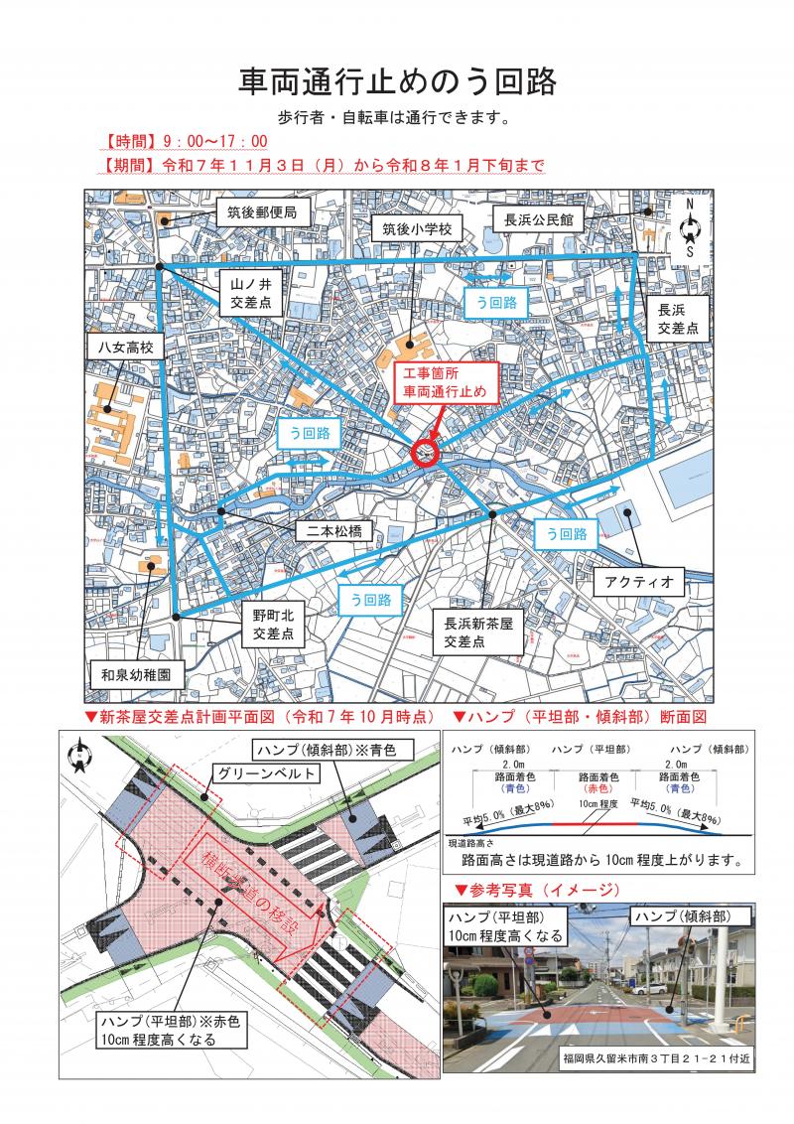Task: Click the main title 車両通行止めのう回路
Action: tap(397, 78)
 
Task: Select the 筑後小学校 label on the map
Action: tap(417, 229)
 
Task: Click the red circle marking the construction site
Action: tap(424, 453)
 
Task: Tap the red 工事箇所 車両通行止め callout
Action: tap(444, 383)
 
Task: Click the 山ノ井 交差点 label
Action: tap(251, 294)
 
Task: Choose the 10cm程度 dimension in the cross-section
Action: tap(598, 802)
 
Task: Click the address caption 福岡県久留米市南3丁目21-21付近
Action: tap(655, 1058)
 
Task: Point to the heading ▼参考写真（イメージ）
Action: tap(536, 889)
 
